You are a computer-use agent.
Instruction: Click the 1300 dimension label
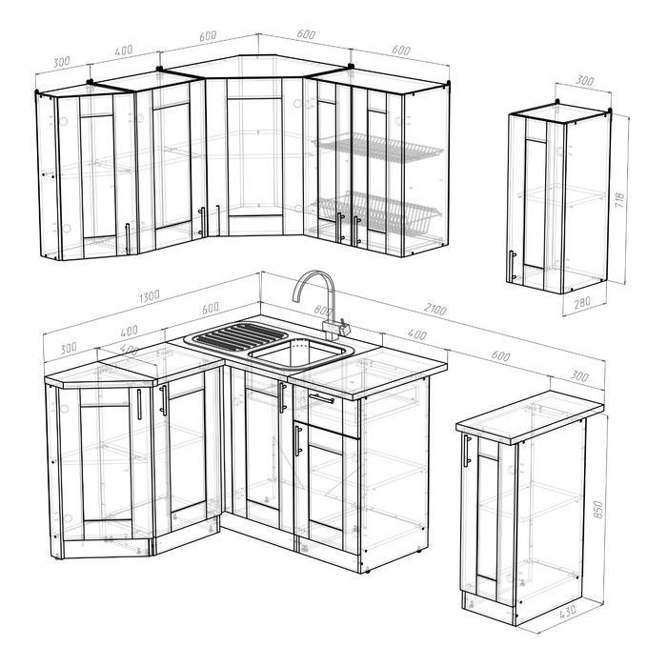tap(150, 296)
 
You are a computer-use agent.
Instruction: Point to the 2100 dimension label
tap(435, 310)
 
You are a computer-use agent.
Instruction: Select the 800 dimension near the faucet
tap(322, 310)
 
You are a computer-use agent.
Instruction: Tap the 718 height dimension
tap(619, 199)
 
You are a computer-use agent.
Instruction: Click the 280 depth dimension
tap(582, 302)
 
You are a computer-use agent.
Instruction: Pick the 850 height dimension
tap(598, 509)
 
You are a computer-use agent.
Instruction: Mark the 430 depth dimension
tap(568, 612)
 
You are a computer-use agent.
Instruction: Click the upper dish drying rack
tap(377, 148)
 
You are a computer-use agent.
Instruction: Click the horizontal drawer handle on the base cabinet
tap(322, 398)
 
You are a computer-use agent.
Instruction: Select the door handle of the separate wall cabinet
tap(512, 266)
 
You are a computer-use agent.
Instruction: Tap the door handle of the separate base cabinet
tap(467, 451)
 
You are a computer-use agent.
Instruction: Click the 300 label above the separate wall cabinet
tap(584, 80)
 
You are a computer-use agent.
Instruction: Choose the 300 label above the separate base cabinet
tap(579, 376)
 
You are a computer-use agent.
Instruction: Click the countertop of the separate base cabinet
tap(530, 416)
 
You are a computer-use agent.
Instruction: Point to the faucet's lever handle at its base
tap(343, 326)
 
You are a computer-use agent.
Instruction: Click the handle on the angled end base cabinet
tap(139, 404)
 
